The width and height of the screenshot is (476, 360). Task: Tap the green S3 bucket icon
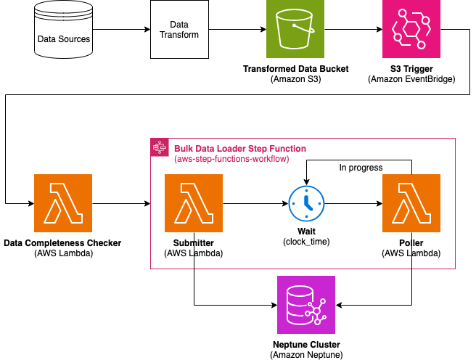(x=295, y=30)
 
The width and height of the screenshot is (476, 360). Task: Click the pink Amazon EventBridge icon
(x=411, y=30)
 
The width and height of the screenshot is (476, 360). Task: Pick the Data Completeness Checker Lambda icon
(x=63, y=203)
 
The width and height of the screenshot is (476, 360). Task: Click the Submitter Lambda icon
(x=194, y=203)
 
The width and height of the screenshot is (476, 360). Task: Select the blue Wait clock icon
(x=306, y=204)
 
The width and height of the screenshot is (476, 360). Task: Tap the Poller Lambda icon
(x=411, y=203)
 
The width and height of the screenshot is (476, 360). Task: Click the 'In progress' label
(x=361, y=168)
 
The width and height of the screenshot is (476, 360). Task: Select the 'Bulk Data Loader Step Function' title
(x=240, y=148)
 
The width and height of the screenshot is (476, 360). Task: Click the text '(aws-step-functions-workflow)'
(x=231, y=159)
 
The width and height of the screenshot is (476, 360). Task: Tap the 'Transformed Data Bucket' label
(x=295, y=69)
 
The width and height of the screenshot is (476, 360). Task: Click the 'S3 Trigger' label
(x=411, y=69)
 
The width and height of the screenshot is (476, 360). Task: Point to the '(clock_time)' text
(x=306, y=241)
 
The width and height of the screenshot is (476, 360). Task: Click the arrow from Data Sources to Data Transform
(x=121, y=30)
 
